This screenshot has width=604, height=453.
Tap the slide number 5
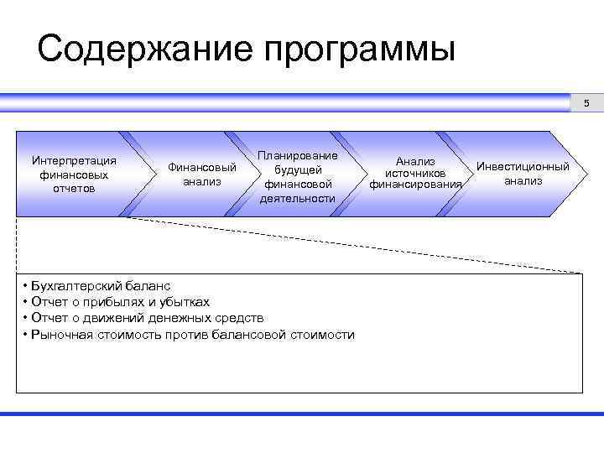pos(587,103)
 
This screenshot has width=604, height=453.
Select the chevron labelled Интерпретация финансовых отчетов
pos(73,174)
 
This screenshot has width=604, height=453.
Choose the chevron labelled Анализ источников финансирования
pos(415,173)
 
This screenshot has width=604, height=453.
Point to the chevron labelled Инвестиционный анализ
pos(523,174)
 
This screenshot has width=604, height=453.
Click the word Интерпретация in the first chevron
pos(73,160)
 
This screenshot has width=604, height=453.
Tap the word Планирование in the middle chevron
pos(298,155)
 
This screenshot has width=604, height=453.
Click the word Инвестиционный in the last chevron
pos(523,166)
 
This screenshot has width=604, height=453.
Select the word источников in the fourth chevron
pos(415,173)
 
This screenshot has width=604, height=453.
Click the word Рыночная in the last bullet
pos(60,335)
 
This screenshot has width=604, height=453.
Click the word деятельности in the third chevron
pos(298,199)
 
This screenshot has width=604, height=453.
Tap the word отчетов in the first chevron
pos(73,189)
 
